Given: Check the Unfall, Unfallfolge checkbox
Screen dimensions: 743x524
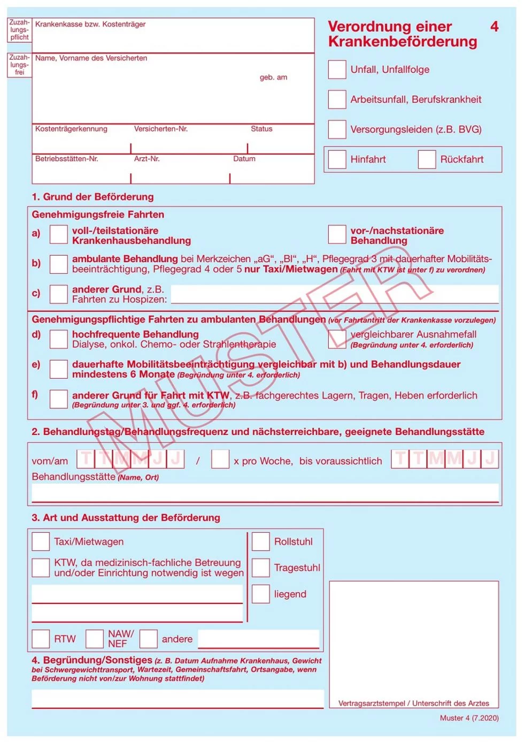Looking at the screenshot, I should pos(337,70).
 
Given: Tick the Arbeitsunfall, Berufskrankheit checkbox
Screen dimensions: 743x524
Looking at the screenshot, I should pos(337,99).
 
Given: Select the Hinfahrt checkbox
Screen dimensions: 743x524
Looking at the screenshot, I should pos(337,159).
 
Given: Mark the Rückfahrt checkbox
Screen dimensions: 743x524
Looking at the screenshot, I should pos(427,159).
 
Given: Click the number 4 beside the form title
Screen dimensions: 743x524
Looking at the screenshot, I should pos(494,27).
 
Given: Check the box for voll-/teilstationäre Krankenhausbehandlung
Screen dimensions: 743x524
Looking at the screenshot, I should pos(58,234).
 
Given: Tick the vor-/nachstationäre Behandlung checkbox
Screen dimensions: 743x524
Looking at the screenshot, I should pos(337,234).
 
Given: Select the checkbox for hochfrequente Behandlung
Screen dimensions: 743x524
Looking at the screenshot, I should pos(58,339).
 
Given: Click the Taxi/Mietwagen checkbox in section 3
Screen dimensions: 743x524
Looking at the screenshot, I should pos(41,541).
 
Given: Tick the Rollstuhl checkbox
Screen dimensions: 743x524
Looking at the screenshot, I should pos(260,541).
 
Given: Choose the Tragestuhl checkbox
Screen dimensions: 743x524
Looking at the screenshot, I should pos(260,568).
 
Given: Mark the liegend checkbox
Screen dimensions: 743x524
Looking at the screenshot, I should pos(260,594).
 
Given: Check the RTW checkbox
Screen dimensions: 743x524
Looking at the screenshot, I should pos(41,639).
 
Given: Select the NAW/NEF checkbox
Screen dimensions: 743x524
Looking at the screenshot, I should pos(95,639).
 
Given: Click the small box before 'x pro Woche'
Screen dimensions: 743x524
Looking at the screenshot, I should pos(220,459).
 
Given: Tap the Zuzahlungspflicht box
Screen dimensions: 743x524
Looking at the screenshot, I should pos(19,30).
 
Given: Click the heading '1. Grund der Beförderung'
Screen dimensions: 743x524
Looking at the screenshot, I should pos(93,197).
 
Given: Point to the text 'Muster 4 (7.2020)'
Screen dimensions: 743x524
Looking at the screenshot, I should pos(469,718).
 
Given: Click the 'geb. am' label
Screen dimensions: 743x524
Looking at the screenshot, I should pos(273,78).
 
